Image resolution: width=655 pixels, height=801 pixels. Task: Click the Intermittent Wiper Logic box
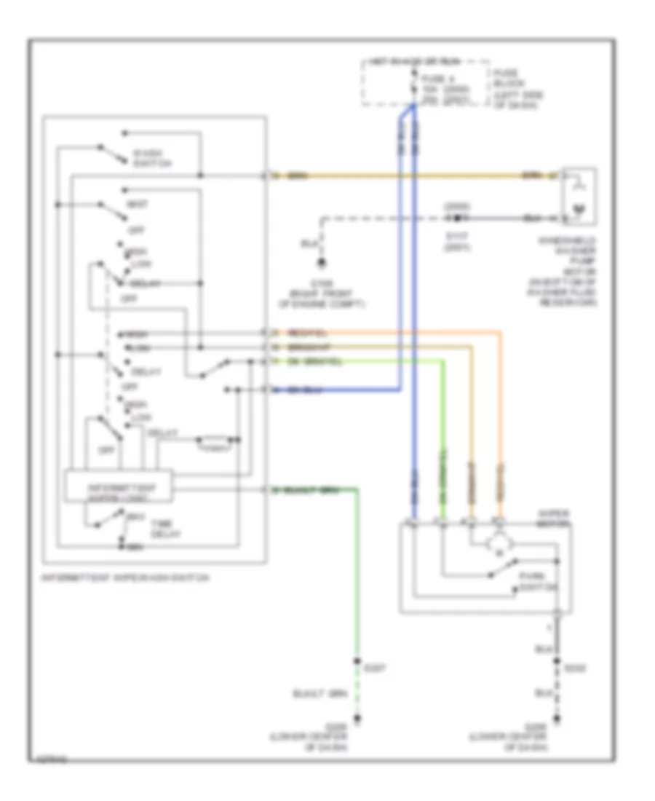tap(119, 487)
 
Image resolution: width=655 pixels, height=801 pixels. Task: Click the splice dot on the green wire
tap(357, 662)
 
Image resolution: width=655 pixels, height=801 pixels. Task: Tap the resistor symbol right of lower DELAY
tap(213, 440)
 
